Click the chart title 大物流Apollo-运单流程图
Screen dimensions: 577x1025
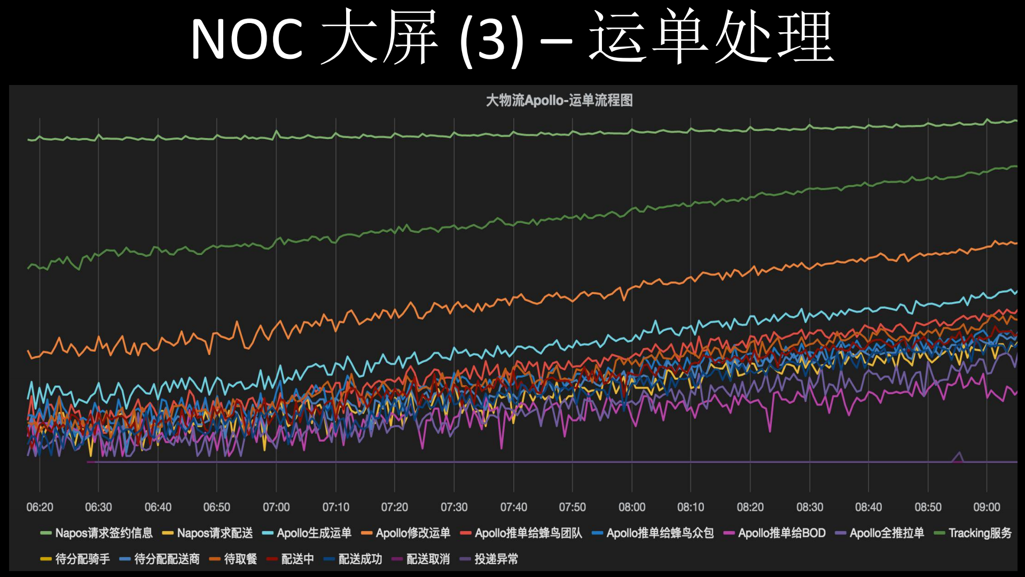[x=559, y=101]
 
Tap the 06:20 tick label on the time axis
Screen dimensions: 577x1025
[x=40, y=507]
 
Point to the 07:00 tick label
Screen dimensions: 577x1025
[x=276, y=507]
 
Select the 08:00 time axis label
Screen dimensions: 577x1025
[x=632, y=507]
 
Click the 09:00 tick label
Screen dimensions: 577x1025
[x=987, y=507]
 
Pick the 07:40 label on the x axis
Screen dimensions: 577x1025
[x=513, y=507]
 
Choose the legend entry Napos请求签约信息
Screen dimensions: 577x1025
[x=103, y=533]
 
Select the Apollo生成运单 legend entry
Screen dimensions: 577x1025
[x=314, y=533]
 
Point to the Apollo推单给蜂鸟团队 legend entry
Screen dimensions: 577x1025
[x=528, y=533]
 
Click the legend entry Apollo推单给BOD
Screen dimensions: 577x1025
[x=781, y=533]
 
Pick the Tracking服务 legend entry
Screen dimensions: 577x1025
[x=980, y=533]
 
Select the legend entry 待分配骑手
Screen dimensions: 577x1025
[x=82, y=559]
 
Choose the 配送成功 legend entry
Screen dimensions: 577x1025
[x=360, y=559]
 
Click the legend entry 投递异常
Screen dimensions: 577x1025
[x=496, y=559]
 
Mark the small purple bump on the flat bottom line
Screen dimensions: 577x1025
[x=959, y=456]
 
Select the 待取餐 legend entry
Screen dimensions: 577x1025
[x=240, y=559]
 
